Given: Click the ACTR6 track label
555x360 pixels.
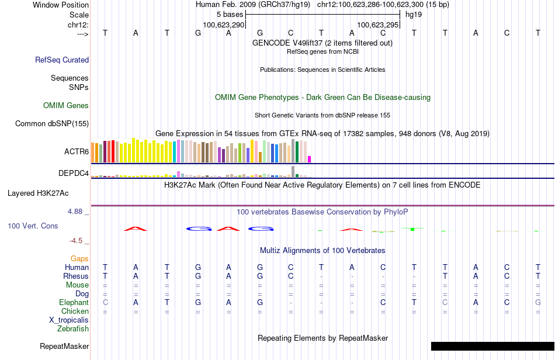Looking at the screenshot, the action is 77,151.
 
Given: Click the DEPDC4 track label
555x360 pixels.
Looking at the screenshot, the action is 74,173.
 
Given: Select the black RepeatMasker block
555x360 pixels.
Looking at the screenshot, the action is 492,346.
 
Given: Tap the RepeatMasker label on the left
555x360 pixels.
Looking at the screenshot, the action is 64,346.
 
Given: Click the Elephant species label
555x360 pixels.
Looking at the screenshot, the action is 74,302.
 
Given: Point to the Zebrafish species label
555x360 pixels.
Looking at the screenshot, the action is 73,328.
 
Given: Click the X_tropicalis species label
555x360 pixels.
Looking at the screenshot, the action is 69,320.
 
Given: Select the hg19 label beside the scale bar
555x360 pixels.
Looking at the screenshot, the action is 414,15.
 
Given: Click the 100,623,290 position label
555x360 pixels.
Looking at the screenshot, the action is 224,25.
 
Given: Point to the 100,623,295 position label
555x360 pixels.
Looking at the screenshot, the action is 378,25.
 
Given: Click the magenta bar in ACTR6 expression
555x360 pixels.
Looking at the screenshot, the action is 310,160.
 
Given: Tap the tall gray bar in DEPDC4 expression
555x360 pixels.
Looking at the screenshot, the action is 293,171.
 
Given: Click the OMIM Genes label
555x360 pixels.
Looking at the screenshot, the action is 66,105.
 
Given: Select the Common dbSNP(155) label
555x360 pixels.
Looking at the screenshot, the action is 52,123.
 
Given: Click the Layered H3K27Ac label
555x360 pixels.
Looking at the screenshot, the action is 38,193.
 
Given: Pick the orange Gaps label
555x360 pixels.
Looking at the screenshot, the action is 79,259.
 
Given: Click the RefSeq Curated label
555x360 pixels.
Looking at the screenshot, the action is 62,60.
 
